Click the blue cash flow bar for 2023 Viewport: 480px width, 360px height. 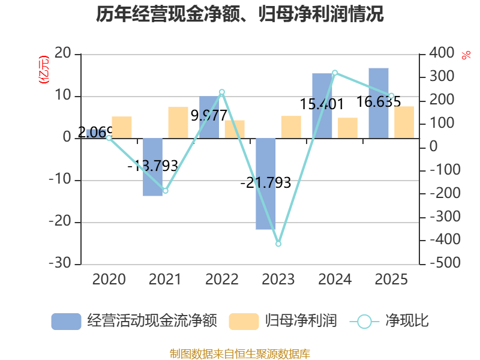(266, 184)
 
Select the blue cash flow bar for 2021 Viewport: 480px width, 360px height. (153, 167)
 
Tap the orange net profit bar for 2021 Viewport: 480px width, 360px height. (178, 122)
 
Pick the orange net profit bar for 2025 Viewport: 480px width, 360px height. (404, 122)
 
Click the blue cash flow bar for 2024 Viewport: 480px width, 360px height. (322, 106)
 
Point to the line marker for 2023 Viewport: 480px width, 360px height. (278, 244)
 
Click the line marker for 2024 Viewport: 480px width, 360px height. (335, 73)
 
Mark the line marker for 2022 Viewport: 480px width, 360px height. (222, 92)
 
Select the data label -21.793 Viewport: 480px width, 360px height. (266, 183)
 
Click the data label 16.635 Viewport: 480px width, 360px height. (379, 101)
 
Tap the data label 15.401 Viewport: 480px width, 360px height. (322, 104)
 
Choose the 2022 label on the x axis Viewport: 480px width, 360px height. (222, 279)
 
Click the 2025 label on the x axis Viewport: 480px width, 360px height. (391, 279)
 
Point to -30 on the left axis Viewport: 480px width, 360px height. (60, 263)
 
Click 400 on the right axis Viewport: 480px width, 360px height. (442, 53)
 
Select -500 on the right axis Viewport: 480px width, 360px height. (445, 262)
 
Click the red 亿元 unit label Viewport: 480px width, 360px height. (43, 70)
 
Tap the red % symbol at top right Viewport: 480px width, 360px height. (466, 55)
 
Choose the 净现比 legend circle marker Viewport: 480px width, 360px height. (364, 322)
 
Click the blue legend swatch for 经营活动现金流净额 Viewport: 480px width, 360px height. (66, 322)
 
